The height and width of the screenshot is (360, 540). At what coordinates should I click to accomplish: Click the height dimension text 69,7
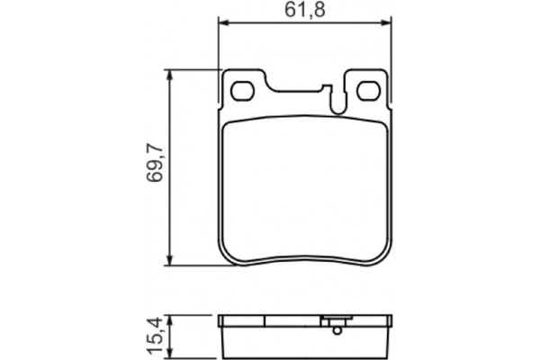152,168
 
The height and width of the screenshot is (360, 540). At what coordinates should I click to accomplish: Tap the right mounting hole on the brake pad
369,91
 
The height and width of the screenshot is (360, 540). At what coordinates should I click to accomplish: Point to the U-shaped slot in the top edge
337,102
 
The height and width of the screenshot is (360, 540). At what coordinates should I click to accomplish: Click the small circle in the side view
337,331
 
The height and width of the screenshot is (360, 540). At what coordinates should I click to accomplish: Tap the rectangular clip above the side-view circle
337,320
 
